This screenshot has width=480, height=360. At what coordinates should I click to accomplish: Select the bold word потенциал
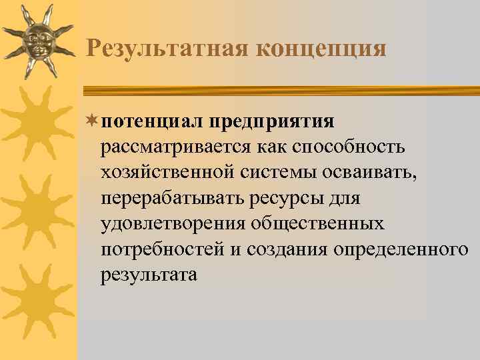pyautogui.click(x=153, y=121)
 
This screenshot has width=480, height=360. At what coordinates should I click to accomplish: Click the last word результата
pyautogui.click(x=149, y=274)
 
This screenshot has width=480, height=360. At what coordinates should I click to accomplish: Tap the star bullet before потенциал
pyautogui.click(x=93, y=121)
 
